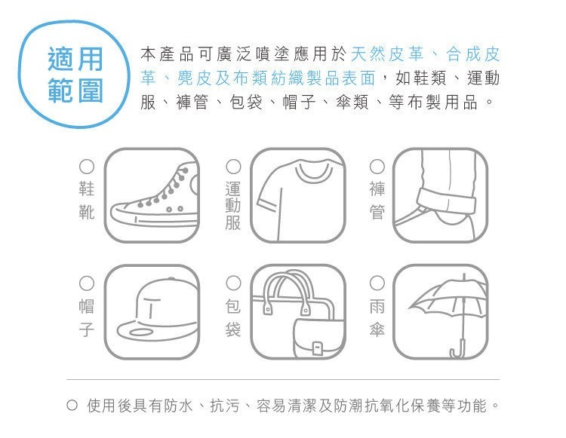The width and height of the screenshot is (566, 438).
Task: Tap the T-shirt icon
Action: [297, 195]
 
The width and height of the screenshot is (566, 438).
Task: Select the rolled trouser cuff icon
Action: [441, 195]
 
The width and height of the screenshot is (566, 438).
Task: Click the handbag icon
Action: [297, 311]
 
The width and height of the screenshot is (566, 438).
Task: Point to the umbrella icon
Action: [441, 311]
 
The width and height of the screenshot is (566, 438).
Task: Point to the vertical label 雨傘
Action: [377, 317]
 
